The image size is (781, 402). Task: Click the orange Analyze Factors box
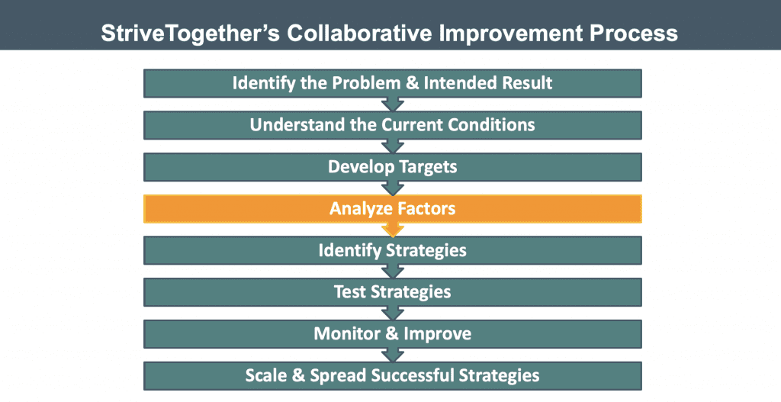click(392, 208)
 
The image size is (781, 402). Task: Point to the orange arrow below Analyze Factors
click(393, 230)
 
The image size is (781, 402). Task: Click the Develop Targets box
click(392, 166)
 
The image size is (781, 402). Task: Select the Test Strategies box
click(392, 292)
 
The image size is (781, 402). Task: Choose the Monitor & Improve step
click(392, 334)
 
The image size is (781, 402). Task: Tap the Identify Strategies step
click(392, 250)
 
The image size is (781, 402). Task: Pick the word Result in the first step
click(527, 82)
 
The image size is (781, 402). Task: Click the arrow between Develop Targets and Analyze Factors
click(393, 188)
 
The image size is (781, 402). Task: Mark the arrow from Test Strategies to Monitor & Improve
click(393, 313)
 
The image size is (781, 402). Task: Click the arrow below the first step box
click(393, 104)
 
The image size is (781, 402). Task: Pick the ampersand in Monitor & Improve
click(391, 334)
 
